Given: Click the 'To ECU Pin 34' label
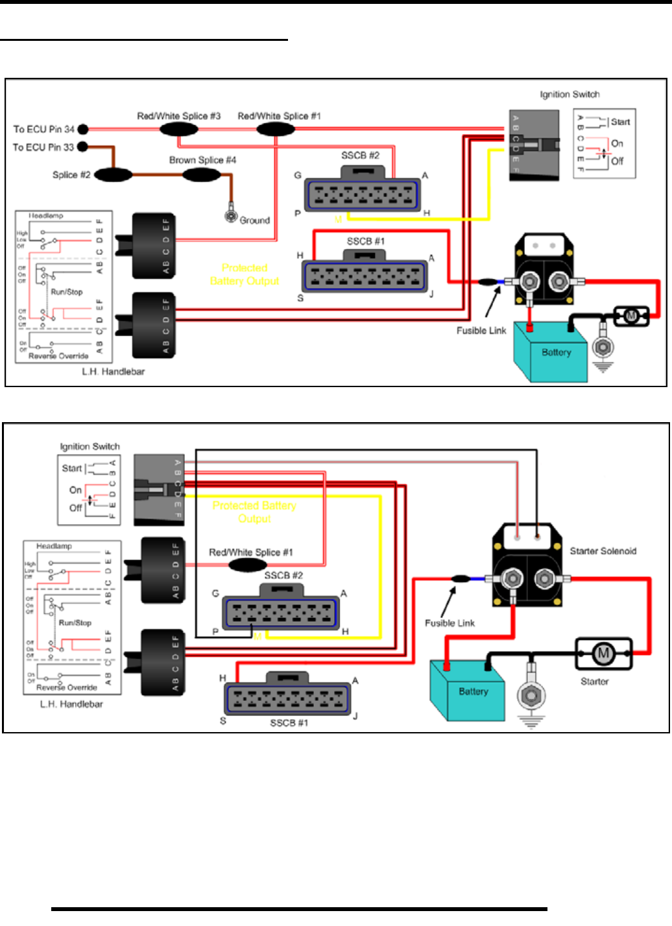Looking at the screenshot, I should tap(44, 129).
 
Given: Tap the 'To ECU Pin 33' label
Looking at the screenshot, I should tap(43, 147).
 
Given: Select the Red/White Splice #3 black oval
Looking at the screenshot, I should tap(179, 129).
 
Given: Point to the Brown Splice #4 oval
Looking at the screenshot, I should tap(202, 174).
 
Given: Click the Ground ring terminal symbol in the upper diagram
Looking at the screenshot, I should tap(231, 216).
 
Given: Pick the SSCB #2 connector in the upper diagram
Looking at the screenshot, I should tap(362, 193).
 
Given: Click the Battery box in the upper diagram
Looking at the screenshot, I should tap(551, 352).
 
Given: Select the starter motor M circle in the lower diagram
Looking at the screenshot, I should tap(603, 653).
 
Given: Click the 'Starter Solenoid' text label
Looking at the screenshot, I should tap(603, 551).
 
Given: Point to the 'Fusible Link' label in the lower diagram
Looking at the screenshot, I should tap(450, 623).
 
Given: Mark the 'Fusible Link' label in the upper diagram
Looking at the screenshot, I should tap(481, 331).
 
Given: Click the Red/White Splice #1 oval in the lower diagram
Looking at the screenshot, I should tap(248, 565).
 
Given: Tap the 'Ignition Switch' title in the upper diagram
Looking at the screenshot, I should tap(570, 95).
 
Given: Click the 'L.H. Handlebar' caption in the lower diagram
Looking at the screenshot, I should tap(71, 704).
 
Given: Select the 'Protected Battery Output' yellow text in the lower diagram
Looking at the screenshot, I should tap(254, 512).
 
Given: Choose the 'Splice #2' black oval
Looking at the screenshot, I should tap(114, 174).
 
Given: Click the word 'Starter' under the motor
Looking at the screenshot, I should tap(594, 682).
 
